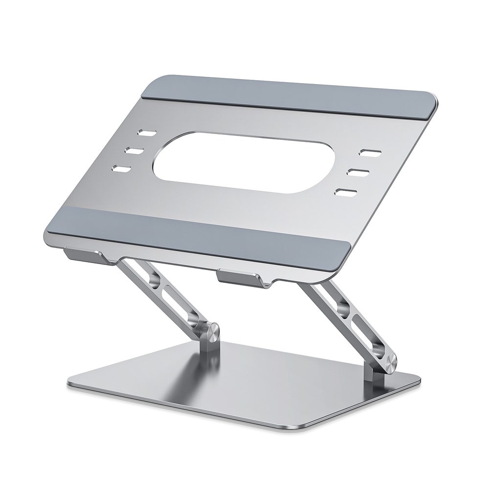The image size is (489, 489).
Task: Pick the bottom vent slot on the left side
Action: (x=121, y=170)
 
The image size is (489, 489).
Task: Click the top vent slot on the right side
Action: (x=370, y=153)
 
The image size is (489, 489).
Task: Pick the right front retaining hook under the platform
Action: (x=240, y=279)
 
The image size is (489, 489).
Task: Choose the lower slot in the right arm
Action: (x=368, y=342)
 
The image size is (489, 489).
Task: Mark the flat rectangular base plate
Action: (x=244, y=386)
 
